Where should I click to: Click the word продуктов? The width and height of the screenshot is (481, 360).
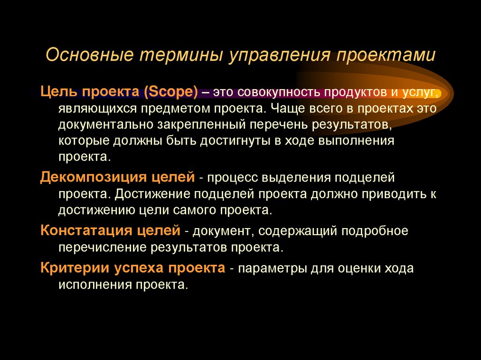point(353,92)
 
